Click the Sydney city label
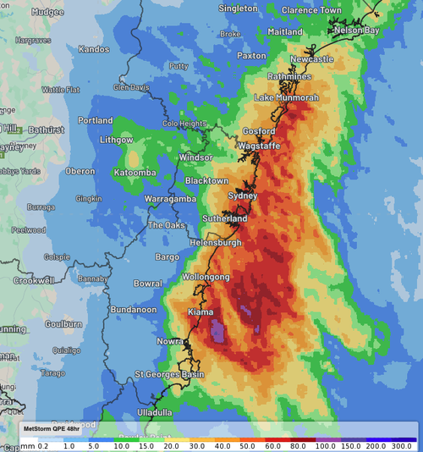click(x=241, y=196)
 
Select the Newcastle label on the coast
click(x=311, y=60)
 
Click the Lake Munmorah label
click(x=286, y=98)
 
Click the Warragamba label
click(x=170, y=199)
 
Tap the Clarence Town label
click(x=318, y=10)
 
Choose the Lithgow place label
click(x=116, y=140)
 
